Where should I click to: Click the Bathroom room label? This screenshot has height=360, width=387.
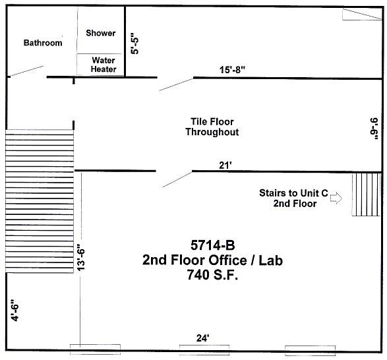tap(43, 43)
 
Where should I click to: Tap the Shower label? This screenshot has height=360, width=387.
tap(100, 33)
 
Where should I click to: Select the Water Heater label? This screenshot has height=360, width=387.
tap(104, 65)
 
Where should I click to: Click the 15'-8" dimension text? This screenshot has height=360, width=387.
tap(234, 69)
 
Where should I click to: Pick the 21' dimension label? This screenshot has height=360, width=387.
tap(225, 165)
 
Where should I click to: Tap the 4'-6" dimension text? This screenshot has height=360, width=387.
tap(15, 309)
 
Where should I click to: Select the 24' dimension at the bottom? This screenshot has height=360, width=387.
tap(202, 338)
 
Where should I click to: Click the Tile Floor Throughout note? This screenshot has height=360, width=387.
tap(212, 127)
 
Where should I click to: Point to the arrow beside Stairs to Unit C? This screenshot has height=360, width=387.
tap(336, 198)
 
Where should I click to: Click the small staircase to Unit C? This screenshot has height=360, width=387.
tap(367, 194)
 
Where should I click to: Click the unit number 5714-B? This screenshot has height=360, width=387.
tap(212, 245)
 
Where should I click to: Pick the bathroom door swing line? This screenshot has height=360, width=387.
tap(26, 70)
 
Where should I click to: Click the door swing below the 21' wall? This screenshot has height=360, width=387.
tap(177, 179)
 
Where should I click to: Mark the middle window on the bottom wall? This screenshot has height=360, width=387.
tap(204, 348)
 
